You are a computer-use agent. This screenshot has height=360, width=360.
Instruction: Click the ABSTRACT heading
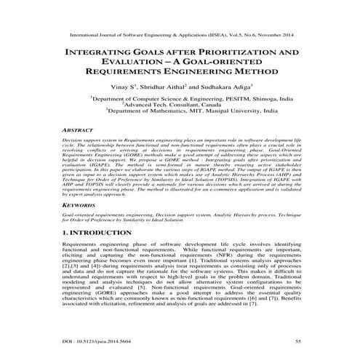[x=81, y=128]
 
